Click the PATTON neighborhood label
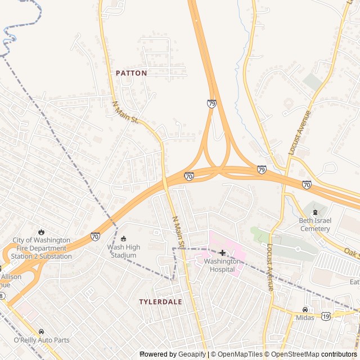pyautogui.click(x=131, y=73)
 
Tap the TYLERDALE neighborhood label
pyautogui.click(x=160, y=302)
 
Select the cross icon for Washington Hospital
pyautogui.click(x=223, y=253)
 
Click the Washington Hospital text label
pyautogui.click(x=222, y=265)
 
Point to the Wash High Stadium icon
pyautogui.click(x=124, y=239)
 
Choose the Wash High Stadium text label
pyautogui.click(x=123, y=251)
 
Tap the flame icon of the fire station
pyautogui.click(x=41, y=232)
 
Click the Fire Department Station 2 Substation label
pyautogui.click(x=41, y=248)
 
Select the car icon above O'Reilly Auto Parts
pyautogui.click(x=41, y=332)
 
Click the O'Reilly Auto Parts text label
pyautogui.click(x=41, y=340)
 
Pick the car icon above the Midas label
pyautogui.click(x=305, y=309)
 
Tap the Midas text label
pyautogui.click(x=305, y=318)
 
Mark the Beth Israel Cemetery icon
pyautogui.click(x=315, y=212)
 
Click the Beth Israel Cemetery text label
pyautogui.click(x=315, y=225)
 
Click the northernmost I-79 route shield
pyautogui.click(x=211, y=104)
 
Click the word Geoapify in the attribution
pyautogui.click(x=192, y=354)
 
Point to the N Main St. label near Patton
pyautogui.click(x=126, y=112)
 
